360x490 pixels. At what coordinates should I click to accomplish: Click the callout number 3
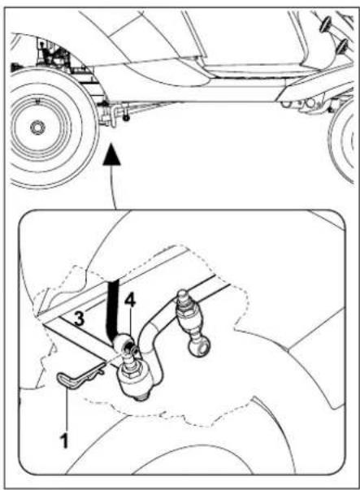(77, 319)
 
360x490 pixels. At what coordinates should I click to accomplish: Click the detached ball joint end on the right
(197, 346)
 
